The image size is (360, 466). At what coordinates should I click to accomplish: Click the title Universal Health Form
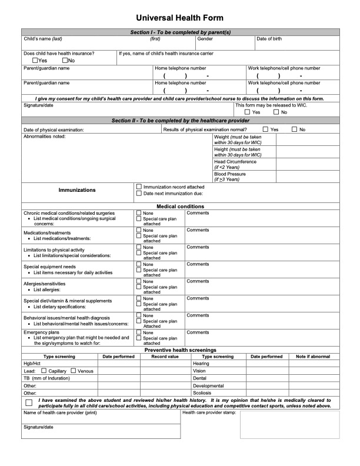click(180, 18)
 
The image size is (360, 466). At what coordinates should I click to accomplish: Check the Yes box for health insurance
click(36, 60)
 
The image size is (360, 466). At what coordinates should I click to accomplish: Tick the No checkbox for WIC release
click(276, 112)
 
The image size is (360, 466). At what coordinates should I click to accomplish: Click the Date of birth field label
click(269, 39)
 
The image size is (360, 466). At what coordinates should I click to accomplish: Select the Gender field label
click(205, 39)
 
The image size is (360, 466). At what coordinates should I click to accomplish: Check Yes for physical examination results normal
click(266, 129)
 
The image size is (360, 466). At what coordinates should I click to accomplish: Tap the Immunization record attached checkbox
click(139, 187)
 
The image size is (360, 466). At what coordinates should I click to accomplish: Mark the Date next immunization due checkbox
click(139, 193)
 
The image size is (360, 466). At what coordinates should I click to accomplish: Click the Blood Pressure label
click(230, 174)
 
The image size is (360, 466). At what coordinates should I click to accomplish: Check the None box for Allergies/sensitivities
click(139, 281)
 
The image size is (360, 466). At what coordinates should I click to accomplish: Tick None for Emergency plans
click(139, 332)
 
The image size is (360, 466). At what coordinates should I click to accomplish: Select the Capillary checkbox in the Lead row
click(44, 371)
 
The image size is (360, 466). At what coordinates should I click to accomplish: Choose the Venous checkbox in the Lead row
click(74, 371)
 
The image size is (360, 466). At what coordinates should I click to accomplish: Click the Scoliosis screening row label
click(202, 392)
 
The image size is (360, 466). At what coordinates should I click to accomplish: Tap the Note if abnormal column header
click(313, 357)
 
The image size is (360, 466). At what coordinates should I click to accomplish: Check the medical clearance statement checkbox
click(29, 402)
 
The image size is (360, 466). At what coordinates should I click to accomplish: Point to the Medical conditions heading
click(180, 207)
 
